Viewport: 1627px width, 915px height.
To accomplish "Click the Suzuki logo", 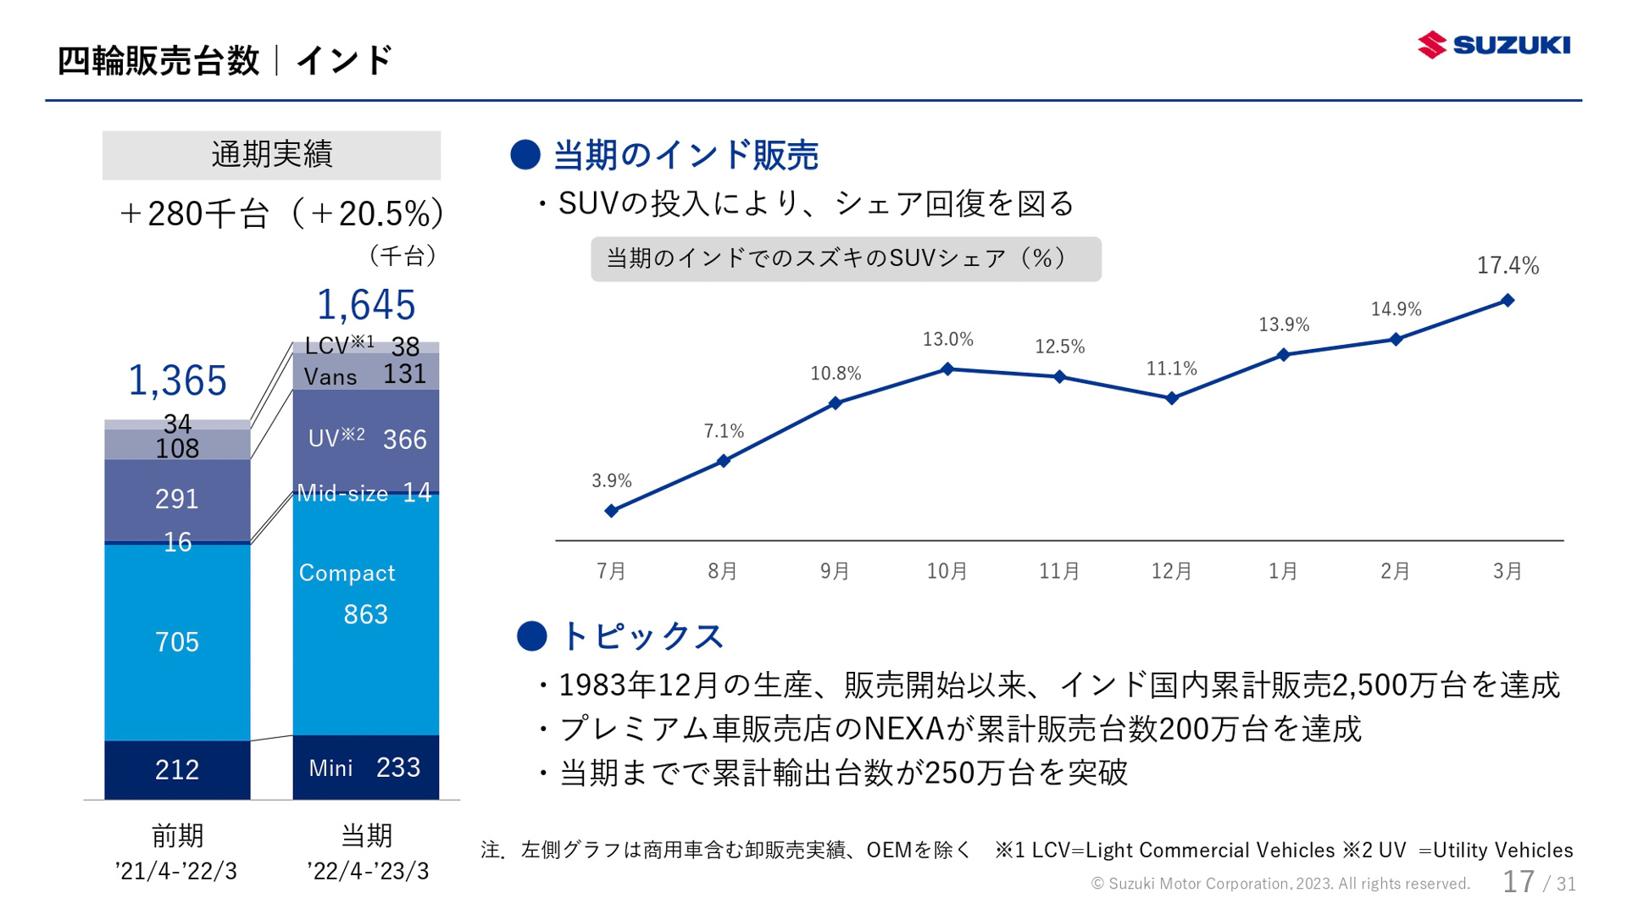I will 1493,45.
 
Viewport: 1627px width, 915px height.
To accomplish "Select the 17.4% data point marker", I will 1508,301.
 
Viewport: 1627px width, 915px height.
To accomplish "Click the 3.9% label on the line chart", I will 611,481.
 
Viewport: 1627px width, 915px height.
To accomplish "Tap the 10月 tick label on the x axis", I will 947,571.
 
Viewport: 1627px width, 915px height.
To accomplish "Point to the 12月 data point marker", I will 1172,398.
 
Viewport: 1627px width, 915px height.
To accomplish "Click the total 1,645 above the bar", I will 365,305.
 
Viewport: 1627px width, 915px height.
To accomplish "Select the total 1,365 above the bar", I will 177,380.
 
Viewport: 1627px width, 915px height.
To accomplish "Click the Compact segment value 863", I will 365,614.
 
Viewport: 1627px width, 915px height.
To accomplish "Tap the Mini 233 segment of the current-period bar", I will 365,768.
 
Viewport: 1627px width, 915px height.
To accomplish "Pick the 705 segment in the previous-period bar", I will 177,642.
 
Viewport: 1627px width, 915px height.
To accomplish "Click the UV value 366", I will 404,440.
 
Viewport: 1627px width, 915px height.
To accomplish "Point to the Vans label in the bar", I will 330,377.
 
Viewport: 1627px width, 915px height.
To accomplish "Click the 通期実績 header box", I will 271,155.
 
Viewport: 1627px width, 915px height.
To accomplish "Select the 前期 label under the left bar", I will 177,836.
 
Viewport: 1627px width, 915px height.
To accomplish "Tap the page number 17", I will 1519,882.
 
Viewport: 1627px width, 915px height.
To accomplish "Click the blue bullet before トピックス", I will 531,636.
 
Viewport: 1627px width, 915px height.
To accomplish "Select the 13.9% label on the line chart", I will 1283,324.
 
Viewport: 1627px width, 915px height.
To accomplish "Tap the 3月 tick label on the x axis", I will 1507,571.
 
